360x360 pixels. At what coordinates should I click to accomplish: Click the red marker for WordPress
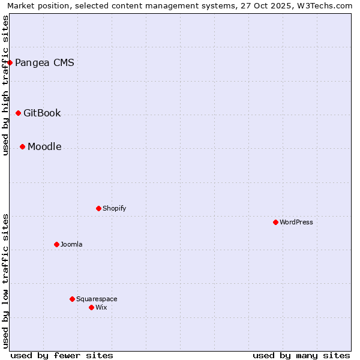[275, 222]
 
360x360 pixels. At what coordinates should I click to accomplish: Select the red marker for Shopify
[98, 208]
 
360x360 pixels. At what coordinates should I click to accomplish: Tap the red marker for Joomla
[56, 244]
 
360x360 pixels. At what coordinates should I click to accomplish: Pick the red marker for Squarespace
[72, 299]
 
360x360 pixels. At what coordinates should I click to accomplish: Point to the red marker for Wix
[91, 307]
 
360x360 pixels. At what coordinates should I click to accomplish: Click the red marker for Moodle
[22, 146]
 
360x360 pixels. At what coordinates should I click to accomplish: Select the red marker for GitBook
[18, 113]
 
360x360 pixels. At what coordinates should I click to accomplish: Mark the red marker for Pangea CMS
[10, 62]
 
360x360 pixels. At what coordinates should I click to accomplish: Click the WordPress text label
[296, 222]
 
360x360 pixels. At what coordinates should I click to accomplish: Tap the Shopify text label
[114, 208]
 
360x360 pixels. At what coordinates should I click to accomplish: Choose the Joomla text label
[71, 244]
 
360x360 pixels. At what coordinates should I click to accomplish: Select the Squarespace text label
[97, 299]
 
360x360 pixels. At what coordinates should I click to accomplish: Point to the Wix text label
[101, 307]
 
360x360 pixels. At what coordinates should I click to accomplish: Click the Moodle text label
[44, 146]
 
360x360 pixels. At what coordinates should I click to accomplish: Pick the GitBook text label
[42, 113]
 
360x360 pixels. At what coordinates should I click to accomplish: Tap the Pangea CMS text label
[44, 62]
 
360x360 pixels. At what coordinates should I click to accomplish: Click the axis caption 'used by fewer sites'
[62, 355]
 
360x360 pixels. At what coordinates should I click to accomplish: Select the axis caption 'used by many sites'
[301, 355]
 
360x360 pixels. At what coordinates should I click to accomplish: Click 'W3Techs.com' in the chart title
[326, 5]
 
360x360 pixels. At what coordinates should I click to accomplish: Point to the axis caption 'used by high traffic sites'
[5, 85]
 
